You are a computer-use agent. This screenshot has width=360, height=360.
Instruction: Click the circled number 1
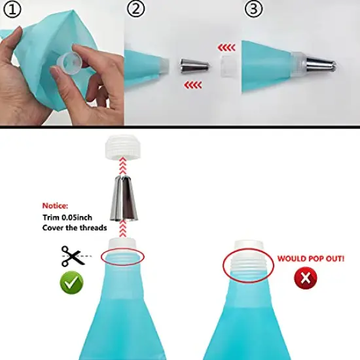tap(14, 11)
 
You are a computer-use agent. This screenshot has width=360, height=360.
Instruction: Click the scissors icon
tap(73, 255)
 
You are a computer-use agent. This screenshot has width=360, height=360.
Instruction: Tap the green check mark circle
tap(73, 283)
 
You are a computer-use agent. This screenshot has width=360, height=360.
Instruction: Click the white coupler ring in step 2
tap(229, 67)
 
